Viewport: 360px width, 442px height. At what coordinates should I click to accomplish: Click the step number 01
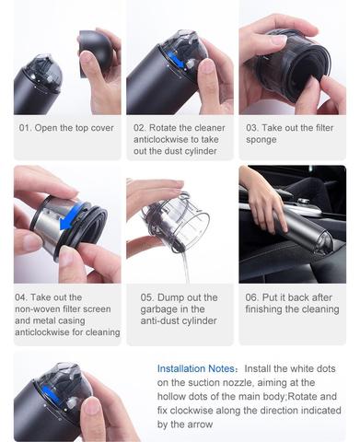tap(25, 128)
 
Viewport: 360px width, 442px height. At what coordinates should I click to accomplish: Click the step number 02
tap(140, 128)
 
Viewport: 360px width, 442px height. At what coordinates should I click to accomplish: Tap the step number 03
tap(252, 128)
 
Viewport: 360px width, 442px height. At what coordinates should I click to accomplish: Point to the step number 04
tap(21, 297)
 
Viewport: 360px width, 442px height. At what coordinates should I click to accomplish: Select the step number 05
tap(146, 297)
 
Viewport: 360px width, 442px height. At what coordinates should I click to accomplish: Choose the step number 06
tap(251, 297)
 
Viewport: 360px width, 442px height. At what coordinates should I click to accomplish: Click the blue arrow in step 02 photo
tap(177, 60)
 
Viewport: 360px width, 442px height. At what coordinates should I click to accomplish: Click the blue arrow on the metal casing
tap(72, 216)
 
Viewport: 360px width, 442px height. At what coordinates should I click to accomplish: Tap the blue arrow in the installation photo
tap(51, 394)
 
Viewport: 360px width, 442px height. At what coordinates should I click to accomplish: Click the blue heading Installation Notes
tap(196, 368)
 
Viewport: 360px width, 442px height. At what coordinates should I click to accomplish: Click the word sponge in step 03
tap(261, 140)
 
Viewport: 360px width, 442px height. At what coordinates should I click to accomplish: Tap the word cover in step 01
tap(102, 128)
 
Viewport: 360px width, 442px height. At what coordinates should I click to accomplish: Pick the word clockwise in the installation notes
tap(197, 411)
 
